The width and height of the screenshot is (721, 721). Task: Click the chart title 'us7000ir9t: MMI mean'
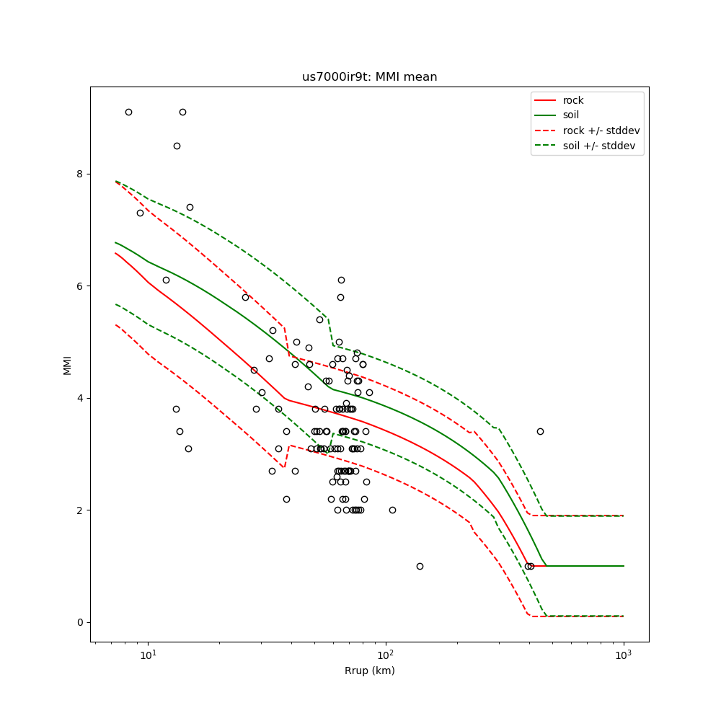click(x=369, y=77)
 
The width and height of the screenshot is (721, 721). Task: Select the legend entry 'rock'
click(x=573, y=100)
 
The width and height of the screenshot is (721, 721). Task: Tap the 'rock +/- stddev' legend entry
click(x=601, y=131)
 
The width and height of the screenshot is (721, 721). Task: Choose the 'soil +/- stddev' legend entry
click(x=601, y=146)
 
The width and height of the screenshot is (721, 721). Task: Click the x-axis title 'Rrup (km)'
click(x=369, y=671)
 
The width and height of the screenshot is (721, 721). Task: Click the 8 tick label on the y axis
click(x=79, y=174)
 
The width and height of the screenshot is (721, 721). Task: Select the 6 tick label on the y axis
click(x=79, y=286)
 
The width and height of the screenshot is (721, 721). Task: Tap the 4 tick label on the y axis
click(x=79, y=398)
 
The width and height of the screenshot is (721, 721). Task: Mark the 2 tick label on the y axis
click(x=79, y=510)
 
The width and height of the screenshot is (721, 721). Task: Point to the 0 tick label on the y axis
click(x=79, y=622)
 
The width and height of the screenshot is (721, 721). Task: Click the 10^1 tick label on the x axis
click(x=148, y=654)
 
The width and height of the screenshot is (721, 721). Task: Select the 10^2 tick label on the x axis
click(x=386, y=654)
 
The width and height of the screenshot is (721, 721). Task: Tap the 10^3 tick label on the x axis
click(x=623, y=654)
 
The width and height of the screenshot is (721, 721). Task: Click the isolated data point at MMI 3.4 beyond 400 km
click(x=540, y=431)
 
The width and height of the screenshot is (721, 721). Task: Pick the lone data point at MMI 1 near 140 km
click(x=420, y=566)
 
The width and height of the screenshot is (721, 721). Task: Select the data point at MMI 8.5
click(x=177, y=146)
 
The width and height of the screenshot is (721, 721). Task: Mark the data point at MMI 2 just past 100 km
click(x=392, y=510)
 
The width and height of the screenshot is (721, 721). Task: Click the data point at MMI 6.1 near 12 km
click(x=166, y=280)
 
